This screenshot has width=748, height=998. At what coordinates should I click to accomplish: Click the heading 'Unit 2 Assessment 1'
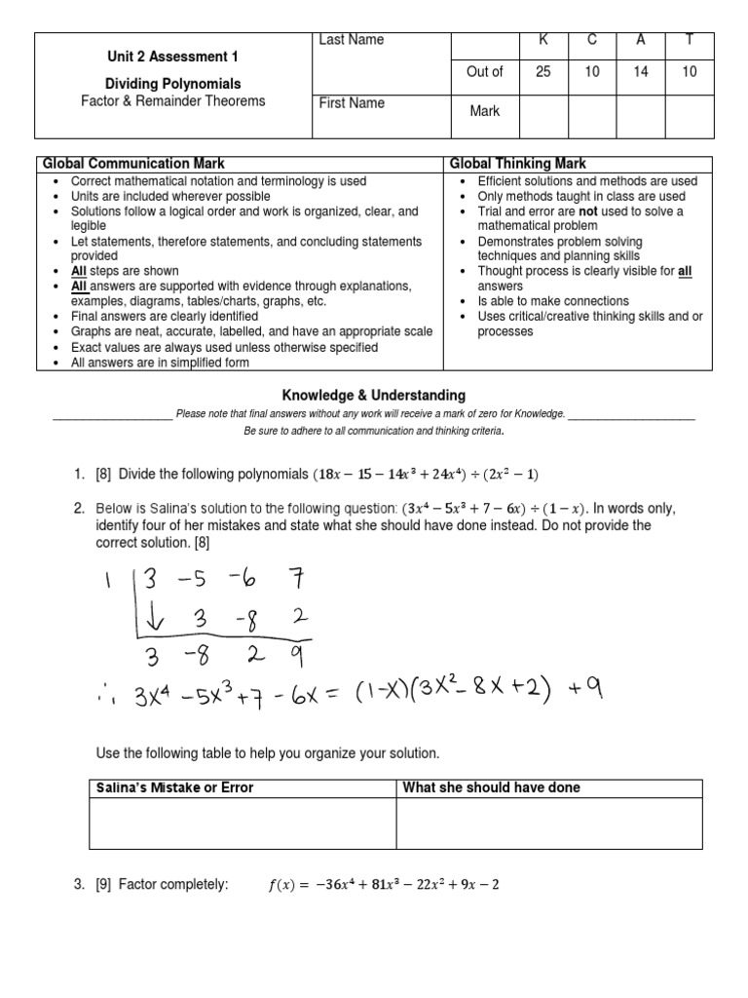(172, 57)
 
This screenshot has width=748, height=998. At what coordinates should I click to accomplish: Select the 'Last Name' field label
(351, 40)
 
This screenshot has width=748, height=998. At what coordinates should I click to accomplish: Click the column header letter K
(544, 40)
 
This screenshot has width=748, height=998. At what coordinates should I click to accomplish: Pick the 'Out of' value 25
(544, 72)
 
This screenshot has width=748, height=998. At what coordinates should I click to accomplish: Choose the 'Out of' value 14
(641, 72)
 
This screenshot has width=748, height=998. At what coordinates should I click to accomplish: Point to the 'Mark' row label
(484, 111)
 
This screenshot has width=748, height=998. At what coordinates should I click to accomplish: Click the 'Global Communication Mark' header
(131, 164)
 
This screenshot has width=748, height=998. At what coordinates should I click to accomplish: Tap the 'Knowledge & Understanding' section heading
(374, 396)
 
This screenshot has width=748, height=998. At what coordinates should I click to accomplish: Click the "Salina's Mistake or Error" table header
(171, 787)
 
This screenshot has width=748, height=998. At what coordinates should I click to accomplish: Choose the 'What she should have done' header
(491, 787)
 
